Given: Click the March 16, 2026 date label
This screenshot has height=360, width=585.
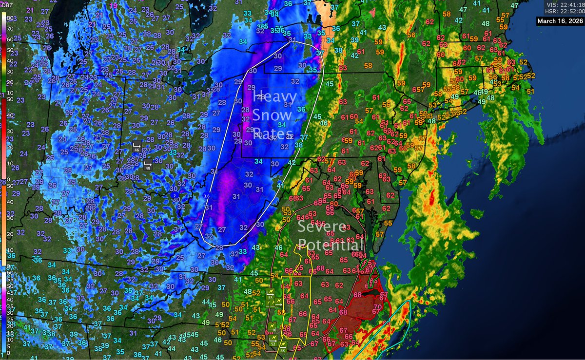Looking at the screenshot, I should tap(560, 21).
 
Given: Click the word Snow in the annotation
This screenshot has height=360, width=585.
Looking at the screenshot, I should tap(272, 115).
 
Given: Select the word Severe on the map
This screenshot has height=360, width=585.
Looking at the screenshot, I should tap(322, 227).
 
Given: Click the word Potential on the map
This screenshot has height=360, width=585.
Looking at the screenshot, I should tap(331, 245).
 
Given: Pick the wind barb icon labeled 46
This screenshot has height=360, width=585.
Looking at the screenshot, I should tap(137, 147).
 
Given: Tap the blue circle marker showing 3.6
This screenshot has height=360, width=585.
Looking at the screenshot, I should tap(206, 195).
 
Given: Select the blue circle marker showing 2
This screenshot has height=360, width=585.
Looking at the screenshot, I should tap(175, 195).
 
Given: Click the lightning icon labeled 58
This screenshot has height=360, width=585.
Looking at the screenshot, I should tap(283, 346).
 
